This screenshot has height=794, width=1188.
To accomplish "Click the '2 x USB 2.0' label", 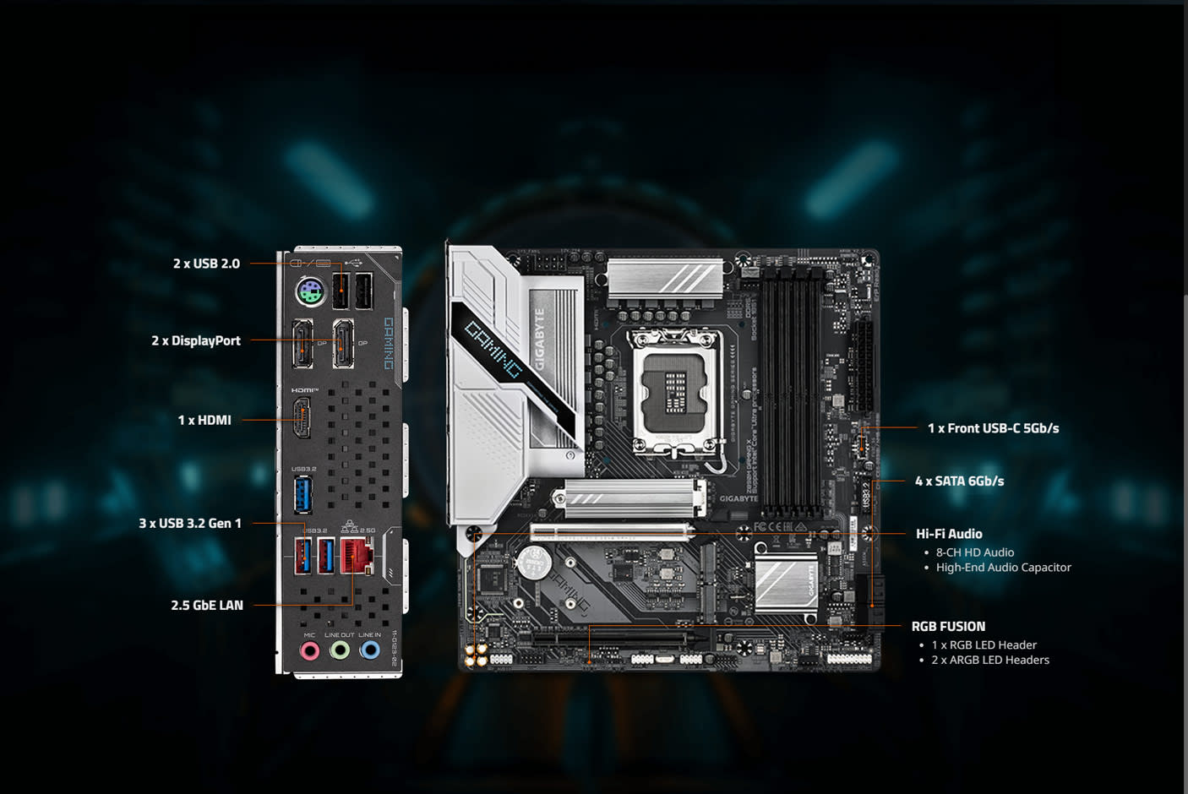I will click(x=206, y=264).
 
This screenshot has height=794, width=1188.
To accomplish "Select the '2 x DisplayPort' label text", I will click(x=196, y=340).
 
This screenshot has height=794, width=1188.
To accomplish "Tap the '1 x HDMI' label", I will click(x=204, y=420).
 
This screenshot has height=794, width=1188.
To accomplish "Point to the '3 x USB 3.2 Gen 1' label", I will click(x=190, y=523).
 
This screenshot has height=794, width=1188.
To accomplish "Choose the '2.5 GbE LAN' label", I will click(x=207, y=605).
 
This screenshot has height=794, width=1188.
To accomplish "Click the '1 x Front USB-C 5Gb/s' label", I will click(x=993, y=428).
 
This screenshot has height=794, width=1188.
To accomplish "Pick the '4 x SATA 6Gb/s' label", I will click(x=959, y=481).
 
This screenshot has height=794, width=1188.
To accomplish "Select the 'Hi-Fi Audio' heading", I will click(x=949, y=534).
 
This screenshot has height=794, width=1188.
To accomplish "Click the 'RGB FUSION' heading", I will click(x=948, y=627).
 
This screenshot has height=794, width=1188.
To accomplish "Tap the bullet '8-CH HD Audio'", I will click(x=974, y=552).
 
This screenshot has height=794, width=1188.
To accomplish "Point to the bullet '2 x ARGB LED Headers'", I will click(x=989, y=660).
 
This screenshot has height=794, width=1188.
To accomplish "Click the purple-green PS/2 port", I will click(x=310, y=295).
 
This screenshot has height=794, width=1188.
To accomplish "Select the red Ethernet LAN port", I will click(x=357, y=555).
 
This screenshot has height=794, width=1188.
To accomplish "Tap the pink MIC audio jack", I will click(x=310, y=650).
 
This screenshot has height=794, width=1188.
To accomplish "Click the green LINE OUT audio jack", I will click(x=340, y=650).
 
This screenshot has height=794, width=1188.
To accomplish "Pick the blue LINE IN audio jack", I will click(x=369, y=650).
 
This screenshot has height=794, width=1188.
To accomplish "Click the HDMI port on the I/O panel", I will click(x=302, y=418).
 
